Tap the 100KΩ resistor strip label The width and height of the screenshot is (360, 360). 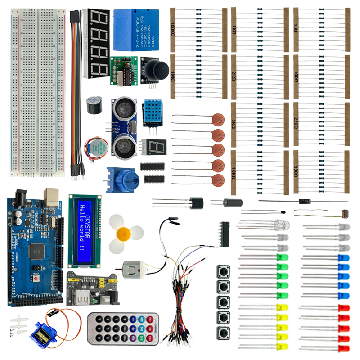173,32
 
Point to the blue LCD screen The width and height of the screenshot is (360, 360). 85,231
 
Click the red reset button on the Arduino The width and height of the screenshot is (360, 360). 35,279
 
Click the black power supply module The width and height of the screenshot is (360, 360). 88,288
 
